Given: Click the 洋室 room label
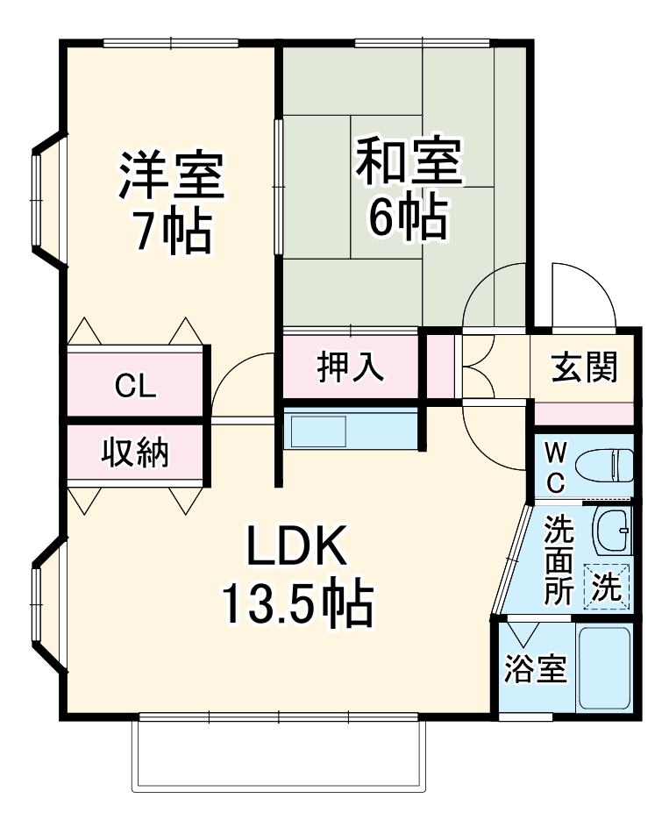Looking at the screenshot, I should [x=173, y=175].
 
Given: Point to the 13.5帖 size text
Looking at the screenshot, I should [x=296, y=604].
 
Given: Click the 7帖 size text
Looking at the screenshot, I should [x=173, y=232].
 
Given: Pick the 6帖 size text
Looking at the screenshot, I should [x=408, y=218].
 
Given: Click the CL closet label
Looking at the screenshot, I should [x=136, y=386].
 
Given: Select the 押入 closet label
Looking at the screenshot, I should [x=350, y=366].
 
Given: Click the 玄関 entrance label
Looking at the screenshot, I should [x=585, y=367].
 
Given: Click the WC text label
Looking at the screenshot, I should [x=556, y=466].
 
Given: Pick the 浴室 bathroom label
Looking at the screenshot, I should [x=535, y=671].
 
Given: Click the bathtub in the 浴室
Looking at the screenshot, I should [x=605, y=669].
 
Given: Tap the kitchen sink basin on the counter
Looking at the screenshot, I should [x=319, y=431].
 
